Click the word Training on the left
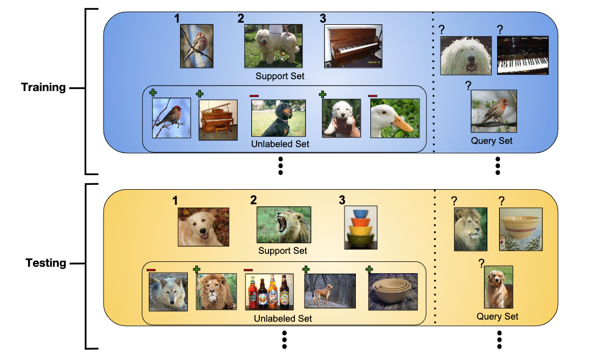43,87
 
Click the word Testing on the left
46,263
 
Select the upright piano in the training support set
353,46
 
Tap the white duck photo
395,117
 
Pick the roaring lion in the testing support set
284,224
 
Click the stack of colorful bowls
360,227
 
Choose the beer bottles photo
269,292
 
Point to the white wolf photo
168,291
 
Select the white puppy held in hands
341,117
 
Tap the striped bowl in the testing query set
521,229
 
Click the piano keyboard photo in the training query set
522,56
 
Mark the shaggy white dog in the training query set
466,56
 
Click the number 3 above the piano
323,18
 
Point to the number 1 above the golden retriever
175,200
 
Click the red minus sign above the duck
373,95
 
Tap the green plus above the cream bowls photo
369,269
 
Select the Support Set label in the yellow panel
283,251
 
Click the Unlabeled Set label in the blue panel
280,144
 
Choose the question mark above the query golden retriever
481,263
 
